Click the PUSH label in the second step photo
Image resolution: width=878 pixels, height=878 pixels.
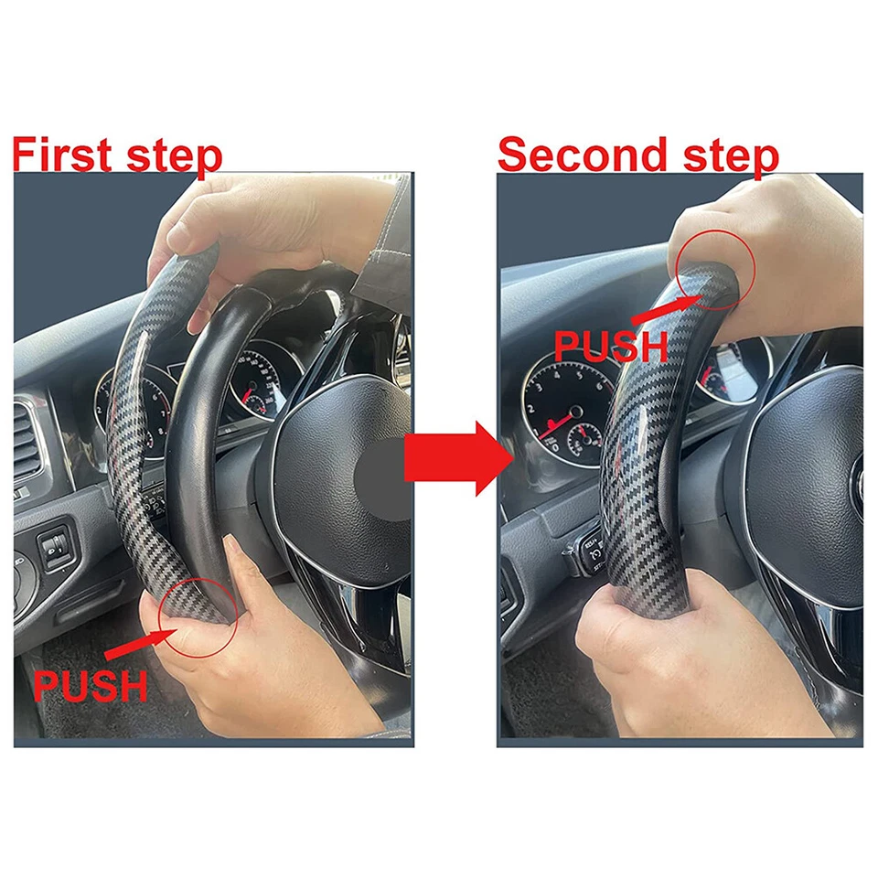pyautogui.click(x=612, y=346)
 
